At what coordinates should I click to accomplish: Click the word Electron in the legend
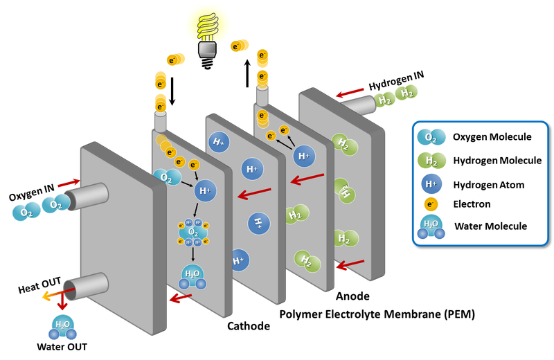(472, 204)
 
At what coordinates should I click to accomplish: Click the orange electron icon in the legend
(431, 204)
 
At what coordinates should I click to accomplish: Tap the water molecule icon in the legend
(431, 228)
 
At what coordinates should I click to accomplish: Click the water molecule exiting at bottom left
(62, 327)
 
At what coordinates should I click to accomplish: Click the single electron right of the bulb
(238, 46)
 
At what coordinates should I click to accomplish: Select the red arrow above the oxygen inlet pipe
(68, 183)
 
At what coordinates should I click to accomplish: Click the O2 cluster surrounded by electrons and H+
(193, 233)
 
